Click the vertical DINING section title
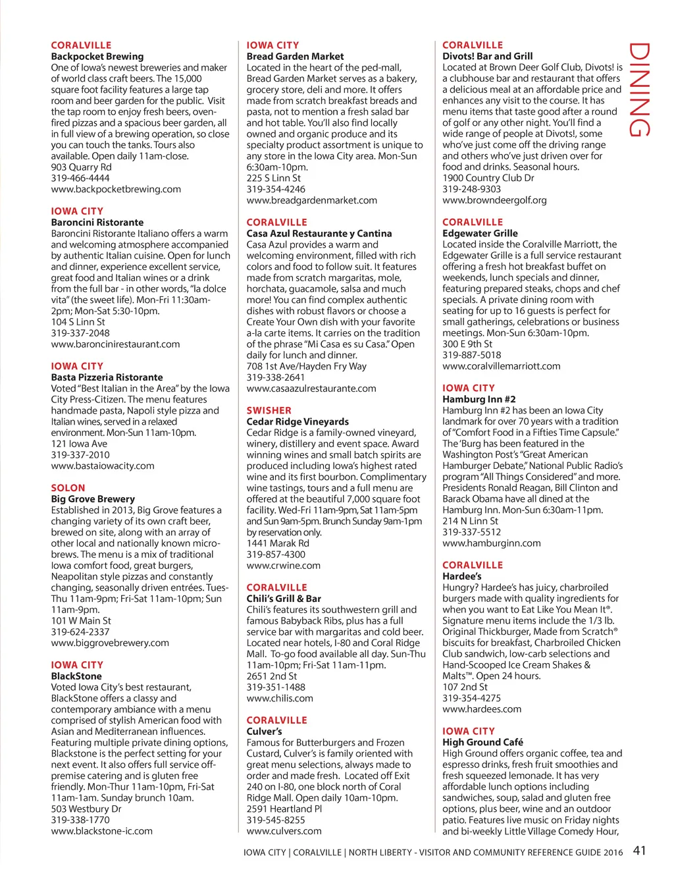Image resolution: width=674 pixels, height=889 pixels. [x=640, y=90]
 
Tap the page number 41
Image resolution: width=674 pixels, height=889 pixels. [x=639, y=850]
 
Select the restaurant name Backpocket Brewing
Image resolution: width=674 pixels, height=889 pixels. [x=97, y=57]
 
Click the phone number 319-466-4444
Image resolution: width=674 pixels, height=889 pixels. [x=80, y=178]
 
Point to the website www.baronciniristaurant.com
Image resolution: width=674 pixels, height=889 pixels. [x=115, y=344]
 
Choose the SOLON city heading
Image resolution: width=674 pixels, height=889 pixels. [x=68, y=488]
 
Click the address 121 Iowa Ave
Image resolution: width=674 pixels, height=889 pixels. [x=79, y=444]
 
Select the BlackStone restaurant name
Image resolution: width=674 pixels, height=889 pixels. [x=76, y=676]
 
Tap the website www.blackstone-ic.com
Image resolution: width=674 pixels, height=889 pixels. [x=101, y=831]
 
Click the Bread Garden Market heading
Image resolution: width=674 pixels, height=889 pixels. [x=295, y=57]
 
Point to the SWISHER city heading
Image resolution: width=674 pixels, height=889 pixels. [x=269, y=410]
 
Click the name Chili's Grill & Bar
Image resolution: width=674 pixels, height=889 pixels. [x=284, y=599]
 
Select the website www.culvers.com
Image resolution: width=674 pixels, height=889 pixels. [x=284, y=831]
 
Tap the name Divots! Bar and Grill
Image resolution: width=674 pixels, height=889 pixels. [x=488, y=57]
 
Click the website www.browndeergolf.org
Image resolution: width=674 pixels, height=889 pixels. [x=494, y=200]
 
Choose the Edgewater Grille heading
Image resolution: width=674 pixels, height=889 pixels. [x=480, y=233]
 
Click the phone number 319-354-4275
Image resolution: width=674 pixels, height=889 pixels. [x=471, y=698]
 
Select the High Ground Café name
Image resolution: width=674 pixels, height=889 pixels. [x=482, y=742]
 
